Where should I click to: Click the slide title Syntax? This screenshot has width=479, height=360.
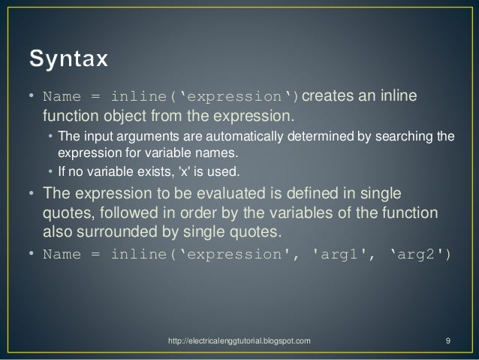click(x=68, y=59)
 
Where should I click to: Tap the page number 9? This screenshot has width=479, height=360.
click(x=447, y=340)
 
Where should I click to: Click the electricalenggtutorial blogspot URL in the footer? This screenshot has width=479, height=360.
click(x=239, y=340)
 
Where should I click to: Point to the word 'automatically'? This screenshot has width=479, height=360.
click(x=245, y=136)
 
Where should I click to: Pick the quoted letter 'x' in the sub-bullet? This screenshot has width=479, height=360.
click(x=184, y=171)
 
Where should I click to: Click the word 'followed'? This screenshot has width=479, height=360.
click(x=129, y=213)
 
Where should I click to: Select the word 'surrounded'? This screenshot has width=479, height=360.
click(x=117, y=231)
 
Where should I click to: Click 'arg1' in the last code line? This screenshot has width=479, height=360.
click(x=339, y=255)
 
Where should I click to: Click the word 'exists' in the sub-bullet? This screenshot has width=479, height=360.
click(x=156, y=171)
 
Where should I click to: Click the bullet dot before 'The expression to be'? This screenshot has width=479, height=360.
click(x=32, y=193)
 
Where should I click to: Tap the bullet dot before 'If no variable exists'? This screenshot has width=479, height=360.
click(x=50, y=171)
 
